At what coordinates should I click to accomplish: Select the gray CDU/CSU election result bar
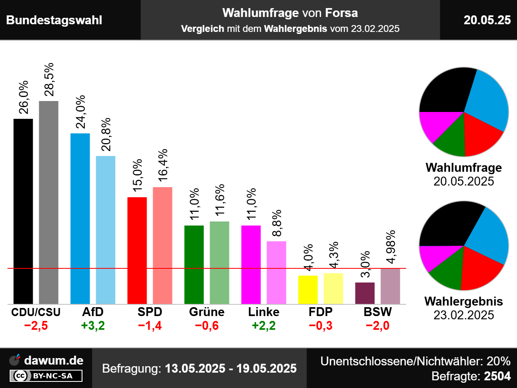click(48, 202)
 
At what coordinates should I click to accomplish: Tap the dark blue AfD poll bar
click(80, 218)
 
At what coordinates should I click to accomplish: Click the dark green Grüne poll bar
click(194, 264)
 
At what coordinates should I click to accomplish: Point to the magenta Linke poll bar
click(251, 264)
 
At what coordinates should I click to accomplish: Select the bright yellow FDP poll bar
click(308, 289)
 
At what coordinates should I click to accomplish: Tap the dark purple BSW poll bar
click(365, 293)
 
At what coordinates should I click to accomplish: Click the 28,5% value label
click(49, 80)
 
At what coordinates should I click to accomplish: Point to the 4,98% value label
click(391, 247)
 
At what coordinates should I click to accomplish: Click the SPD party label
click(149, 312)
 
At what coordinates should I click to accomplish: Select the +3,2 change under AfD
click(93, 326)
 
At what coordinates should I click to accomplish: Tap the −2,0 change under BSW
click(378, 326)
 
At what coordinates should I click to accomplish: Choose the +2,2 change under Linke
click(264, 326)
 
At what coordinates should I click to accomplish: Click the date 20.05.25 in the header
click(487, 20)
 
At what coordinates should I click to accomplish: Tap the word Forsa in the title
click(341, 13)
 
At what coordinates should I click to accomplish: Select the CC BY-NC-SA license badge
click(46, 376)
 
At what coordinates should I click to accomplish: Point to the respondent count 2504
click(497, 376)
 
